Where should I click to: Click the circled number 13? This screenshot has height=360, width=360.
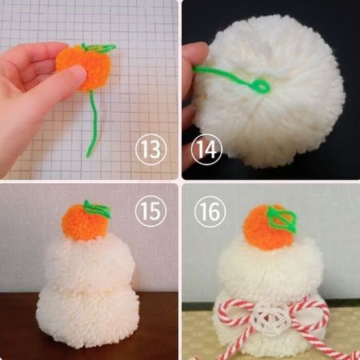tap(151, 150)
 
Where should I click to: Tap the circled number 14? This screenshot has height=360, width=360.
tap(207, 150)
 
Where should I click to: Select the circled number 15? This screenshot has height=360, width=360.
tap(151, 211)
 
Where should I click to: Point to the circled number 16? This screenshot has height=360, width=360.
tap(210, 211)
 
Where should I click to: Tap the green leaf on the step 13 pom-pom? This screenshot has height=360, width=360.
tap(99, 47)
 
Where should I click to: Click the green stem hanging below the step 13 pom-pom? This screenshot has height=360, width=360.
tap(93, 124)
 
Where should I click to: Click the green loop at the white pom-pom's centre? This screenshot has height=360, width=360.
tap(261, 86)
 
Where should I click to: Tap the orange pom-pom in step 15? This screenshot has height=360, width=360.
tap(84, 222)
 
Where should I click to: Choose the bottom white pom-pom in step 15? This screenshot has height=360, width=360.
tap(88, 317)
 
